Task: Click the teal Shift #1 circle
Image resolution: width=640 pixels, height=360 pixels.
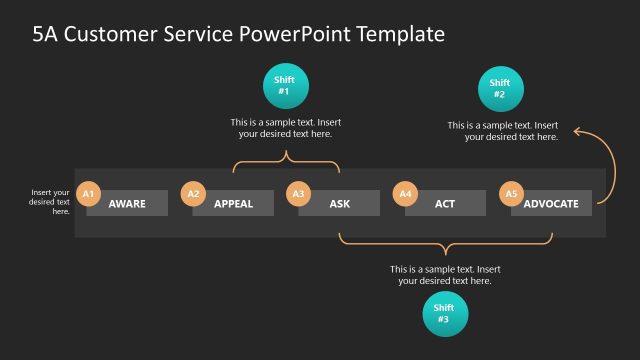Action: (285, 86)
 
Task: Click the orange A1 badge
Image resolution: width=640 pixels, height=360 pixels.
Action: (88, 193)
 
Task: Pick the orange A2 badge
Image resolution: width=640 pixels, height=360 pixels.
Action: (194, 193)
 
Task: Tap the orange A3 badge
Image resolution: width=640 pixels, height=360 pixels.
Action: (299, 193)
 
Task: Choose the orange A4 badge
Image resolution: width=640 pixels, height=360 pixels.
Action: (405, 193)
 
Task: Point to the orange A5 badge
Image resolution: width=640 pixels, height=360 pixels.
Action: (511, 193)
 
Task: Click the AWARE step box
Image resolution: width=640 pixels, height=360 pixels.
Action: (127, 204)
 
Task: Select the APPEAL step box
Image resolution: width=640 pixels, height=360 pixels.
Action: (233, 204)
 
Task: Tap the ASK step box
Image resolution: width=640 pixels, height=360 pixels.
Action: (339, 204)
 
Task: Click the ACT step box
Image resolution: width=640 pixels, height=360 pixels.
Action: (445, 204)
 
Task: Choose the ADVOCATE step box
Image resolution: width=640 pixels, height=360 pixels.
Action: (551, 204)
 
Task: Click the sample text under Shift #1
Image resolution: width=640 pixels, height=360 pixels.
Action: (285, 128)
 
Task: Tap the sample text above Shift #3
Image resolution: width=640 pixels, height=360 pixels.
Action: (445, 275)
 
